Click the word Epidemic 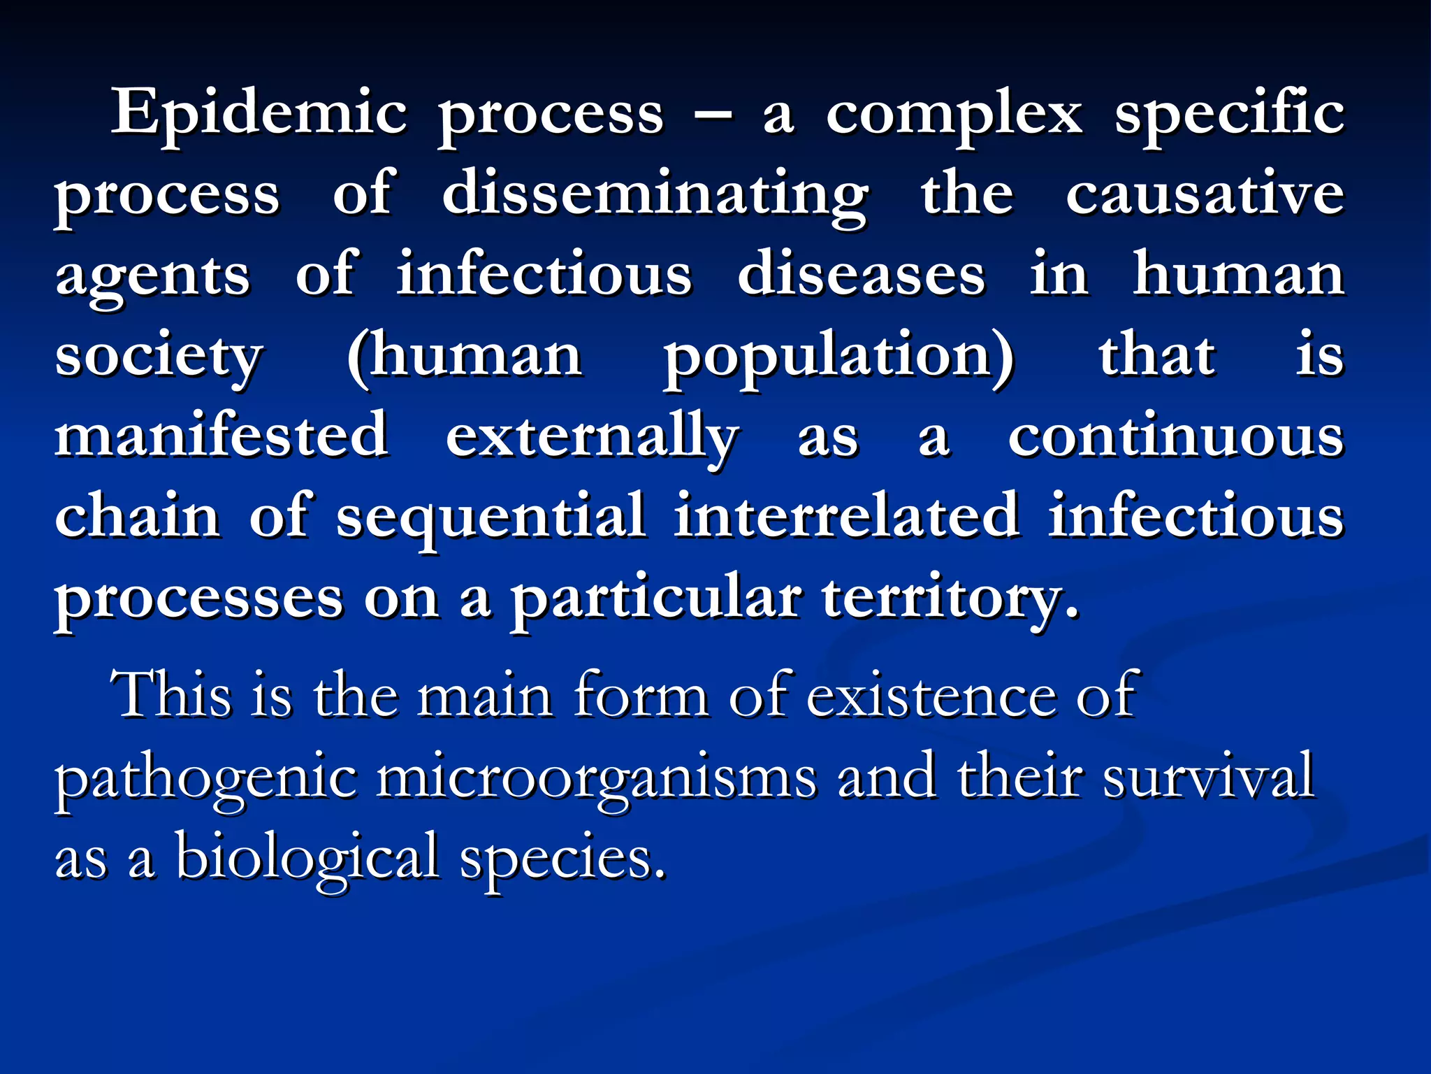[259, 114]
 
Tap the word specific [1228, 114]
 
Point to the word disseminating [655, 195]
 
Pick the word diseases [861, 275]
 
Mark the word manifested [221, 436]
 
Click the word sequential [491, 518]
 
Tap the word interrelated [846, 517]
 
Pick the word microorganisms [596, 778]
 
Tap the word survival [1208, 777]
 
